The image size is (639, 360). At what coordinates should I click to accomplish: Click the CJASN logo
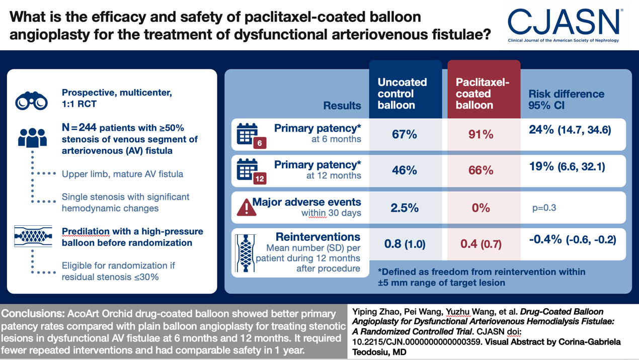click(564, 25)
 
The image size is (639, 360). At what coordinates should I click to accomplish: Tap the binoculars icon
click(31, 101)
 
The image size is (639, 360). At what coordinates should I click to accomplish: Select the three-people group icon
click(32, 138)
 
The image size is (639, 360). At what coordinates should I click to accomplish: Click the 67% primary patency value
click(404, 134)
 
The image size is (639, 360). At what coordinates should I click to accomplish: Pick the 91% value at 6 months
click(481, 134)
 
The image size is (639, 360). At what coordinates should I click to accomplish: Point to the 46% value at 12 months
click(404, 170)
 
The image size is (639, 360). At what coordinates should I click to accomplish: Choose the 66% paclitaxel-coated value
click(481, 170)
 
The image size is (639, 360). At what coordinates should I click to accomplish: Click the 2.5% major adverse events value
click(405, 208)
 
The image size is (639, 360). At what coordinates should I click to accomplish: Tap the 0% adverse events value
click(481, 208)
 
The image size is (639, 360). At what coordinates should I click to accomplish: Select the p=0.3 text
click(544, 208)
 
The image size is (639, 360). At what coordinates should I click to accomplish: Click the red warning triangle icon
click(247, 207)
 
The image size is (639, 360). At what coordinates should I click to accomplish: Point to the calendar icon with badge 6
click(251, 136)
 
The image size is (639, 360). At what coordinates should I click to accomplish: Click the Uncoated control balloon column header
click(402, 94)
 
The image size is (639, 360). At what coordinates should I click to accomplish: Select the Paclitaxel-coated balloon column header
click(483, 94)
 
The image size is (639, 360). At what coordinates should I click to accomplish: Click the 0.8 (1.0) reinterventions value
click(405, 244)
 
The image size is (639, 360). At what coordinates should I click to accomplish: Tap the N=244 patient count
click(79, 127)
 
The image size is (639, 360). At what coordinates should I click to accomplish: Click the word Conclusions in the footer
click(33, 314)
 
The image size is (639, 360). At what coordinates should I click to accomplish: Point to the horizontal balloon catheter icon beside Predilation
click(33, 236)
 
